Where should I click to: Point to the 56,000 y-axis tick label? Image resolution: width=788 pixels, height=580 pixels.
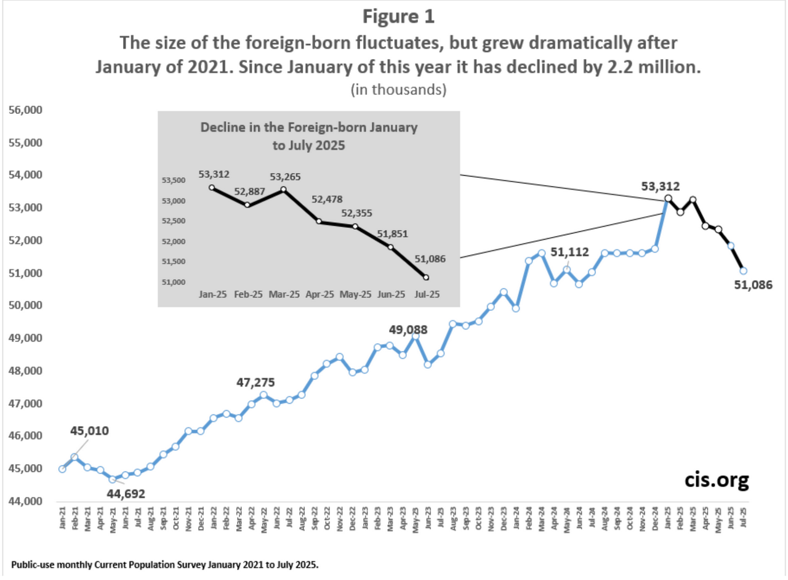coord(24,111)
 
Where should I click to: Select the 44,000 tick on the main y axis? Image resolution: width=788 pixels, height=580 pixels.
coord(24,501)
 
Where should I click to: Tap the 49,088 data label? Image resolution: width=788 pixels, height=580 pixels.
coord(408,329)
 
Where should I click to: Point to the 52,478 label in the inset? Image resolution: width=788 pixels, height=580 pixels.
coord(326,199)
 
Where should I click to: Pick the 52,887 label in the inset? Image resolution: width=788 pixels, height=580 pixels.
coord(249,191)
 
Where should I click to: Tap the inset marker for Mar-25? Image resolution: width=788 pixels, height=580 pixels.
coord(283,189)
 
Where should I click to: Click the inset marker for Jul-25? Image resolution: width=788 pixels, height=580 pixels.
coord(425,277)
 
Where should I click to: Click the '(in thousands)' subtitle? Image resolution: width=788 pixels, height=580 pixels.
coord(398,90)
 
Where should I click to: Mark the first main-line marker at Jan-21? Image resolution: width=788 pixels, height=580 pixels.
coord(62,469)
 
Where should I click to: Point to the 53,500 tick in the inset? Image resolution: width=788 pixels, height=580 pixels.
coord(174,180)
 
